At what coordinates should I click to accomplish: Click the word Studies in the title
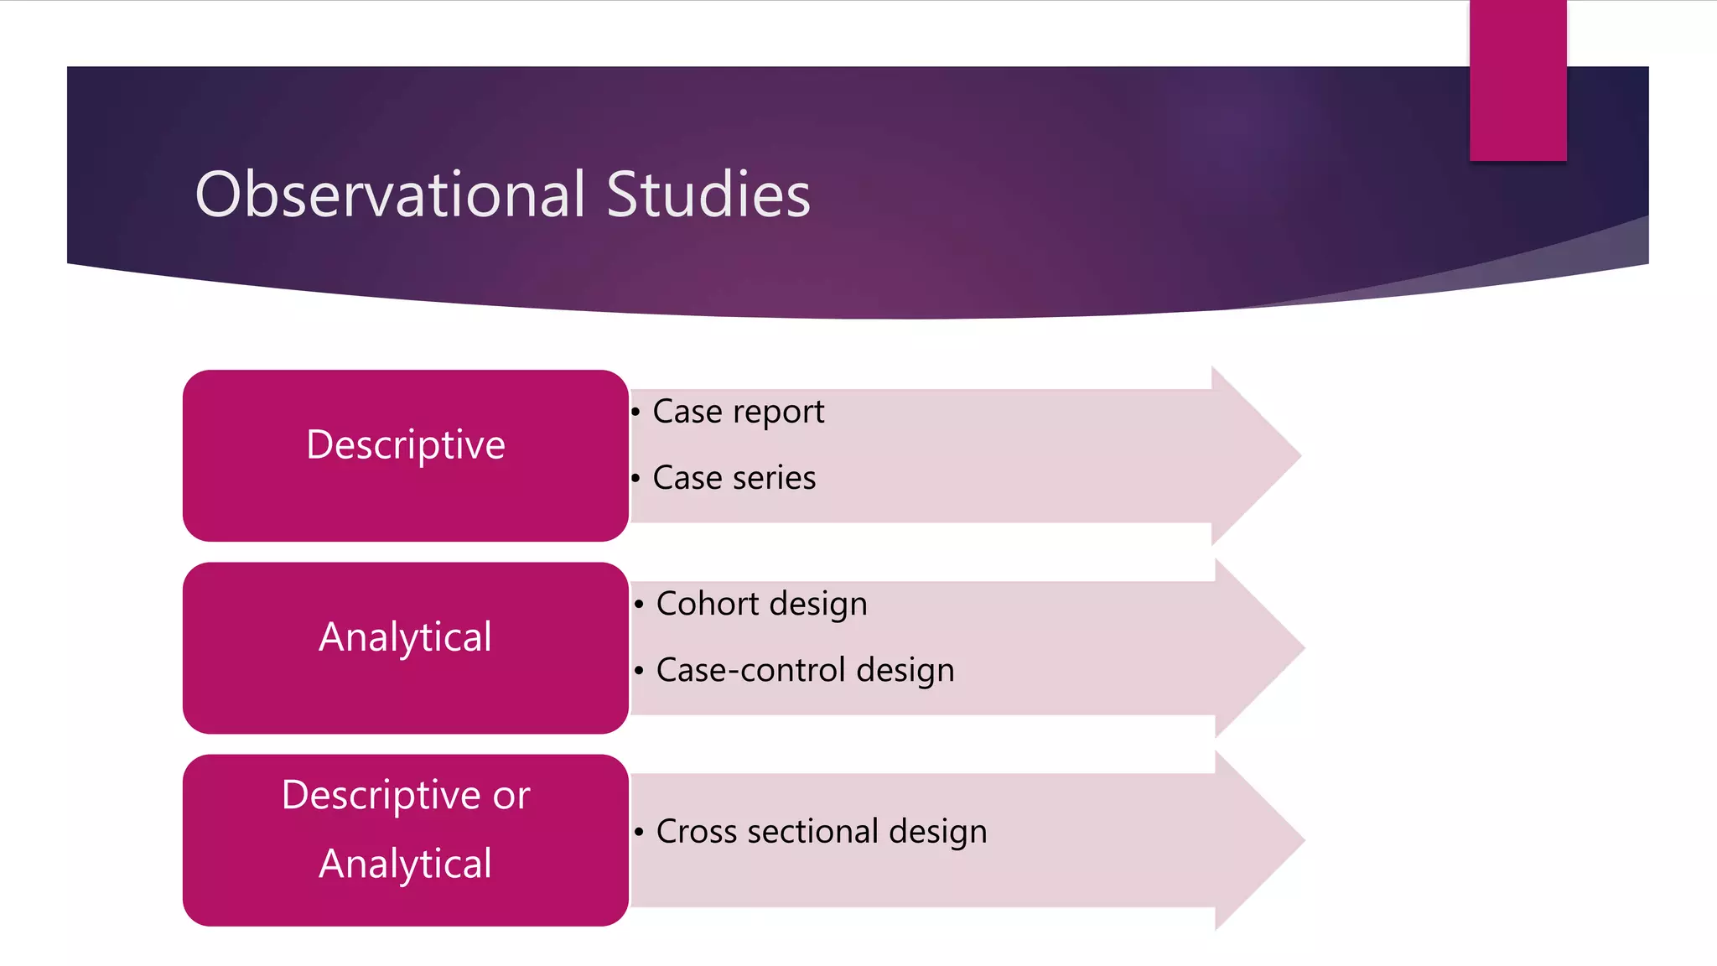click(x=708, y=195)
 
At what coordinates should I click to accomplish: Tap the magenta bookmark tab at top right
click(x=1517, y=80)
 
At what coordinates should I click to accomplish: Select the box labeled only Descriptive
click(x=405, y=455)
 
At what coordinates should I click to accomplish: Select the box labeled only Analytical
click(x=405, y=647)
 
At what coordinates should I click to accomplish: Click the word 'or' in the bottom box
click(x=511, y=795)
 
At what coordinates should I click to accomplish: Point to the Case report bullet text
click(x=738, y=412)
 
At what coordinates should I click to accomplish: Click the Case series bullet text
click(x=734, y=478)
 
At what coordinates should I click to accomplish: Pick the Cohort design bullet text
click(x=761, y=604)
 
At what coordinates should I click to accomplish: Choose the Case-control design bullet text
click(x=805, y=670)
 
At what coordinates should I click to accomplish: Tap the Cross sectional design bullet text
click(x=821, y=831)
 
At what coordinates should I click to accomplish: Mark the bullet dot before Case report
click(x=635, y=412)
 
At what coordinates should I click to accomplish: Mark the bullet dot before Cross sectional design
click(x=639, y=832)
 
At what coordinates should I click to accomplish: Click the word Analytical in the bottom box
click(x=405, y=864)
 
